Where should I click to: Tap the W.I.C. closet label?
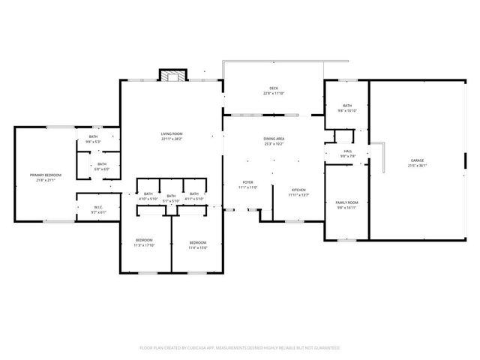(99, 209)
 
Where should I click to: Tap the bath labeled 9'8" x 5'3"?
(93, 139)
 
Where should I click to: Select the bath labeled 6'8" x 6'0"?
(101, 166)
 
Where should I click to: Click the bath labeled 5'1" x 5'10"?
(171, 198)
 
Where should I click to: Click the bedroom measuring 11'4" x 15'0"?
(198, 244)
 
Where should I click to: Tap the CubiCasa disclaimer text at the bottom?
(240, 348)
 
